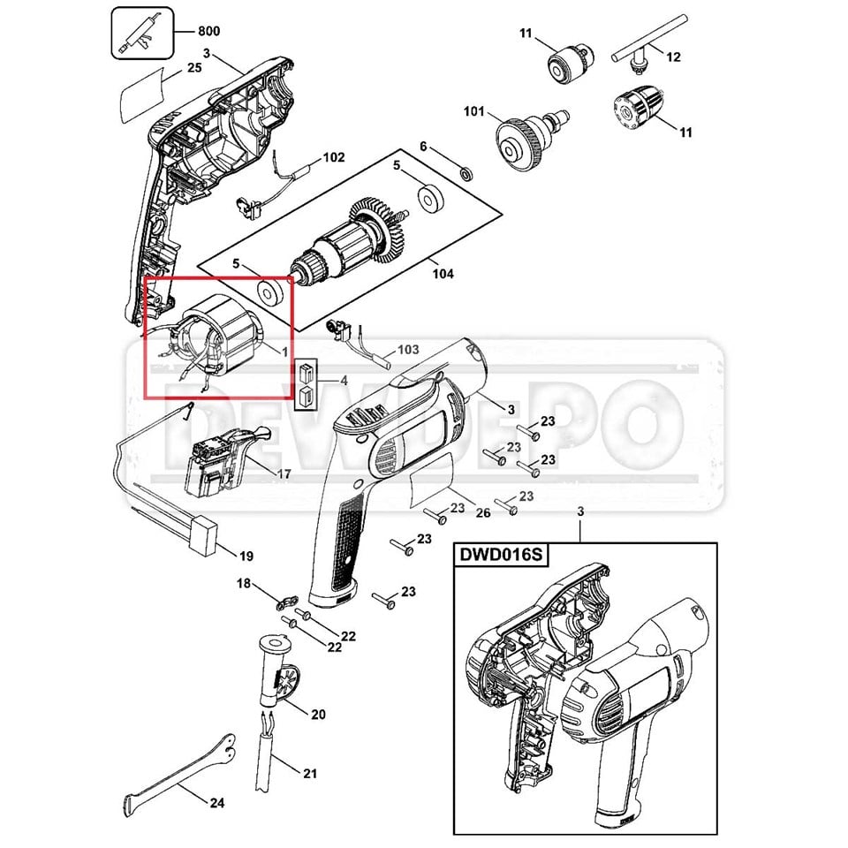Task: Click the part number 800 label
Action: pos(208,32)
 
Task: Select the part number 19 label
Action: pos(246,556)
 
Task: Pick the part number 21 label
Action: pos(309,775)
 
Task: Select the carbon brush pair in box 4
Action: pos(306,385)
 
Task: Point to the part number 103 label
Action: pos(408,350)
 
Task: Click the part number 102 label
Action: pos(333,158)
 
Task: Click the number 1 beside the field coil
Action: pos(284,351)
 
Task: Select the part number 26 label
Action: pos(482,513)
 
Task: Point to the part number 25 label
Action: pos(195,66)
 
